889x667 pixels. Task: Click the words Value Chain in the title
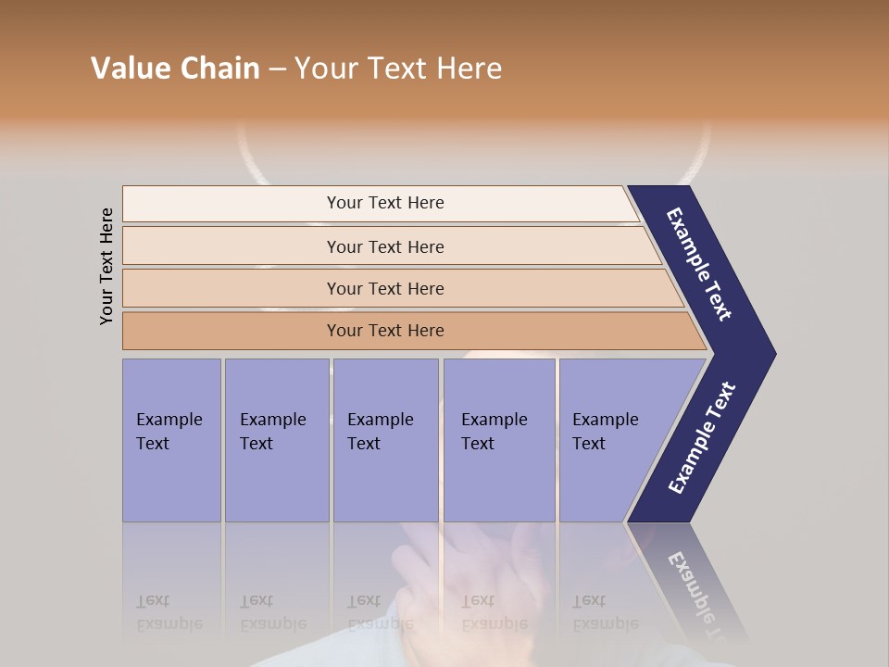pos(175,69)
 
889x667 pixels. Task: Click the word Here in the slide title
pos(469,69)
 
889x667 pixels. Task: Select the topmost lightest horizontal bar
pos(232,204)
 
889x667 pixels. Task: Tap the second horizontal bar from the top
pos(232,246)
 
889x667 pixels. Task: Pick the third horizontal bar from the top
pos(232,288)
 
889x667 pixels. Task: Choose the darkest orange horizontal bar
pos(232,331)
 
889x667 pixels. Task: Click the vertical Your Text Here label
pos(106,267)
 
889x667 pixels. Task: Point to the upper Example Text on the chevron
pos(699,264)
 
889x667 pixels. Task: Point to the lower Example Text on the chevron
pos(701,438)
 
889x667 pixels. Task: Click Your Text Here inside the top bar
pos(385,203)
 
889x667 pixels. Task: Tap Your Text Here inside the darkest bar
pos(385,331)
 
